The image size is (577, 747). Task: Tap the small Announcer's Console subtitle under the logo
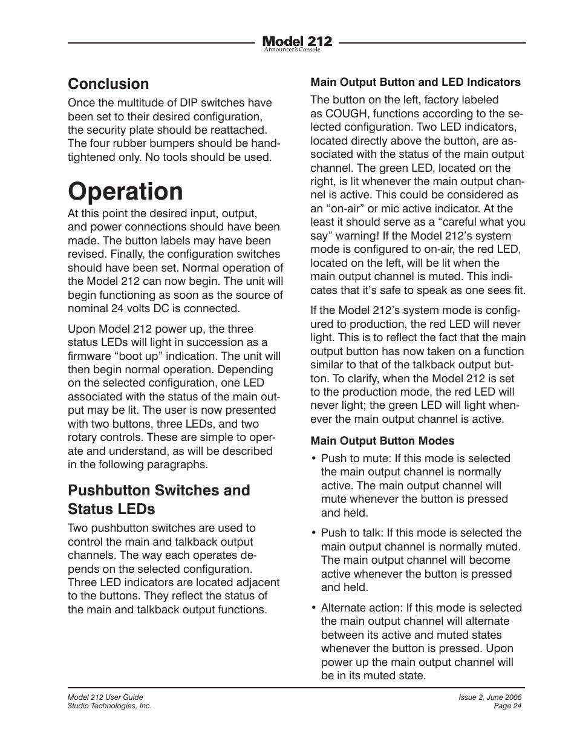coord(292,50)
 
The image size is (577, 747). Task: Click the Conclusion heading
coord(108,84)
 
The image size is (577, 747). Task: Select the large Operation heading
coord(125,191)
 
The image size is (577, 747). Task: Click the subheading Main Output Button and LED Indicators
coord(416,82)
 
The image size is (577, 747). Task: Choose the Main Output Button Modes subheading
coord(382,441)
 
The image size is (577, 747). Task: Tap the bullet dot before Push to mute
coord(314,459)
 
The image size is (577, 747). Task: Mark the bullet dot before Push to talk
coord(314,533)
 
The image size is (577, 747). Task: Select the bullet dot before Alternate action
coord(314,608)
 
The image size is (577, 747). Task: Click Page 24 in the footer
coord(507,706)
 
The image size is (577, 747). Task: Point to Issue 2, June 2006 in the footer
coord(490,697)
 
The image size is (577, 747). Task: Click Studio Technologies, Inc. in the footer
coord(109,706)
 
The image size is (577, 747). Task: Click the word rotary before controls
coord(83,438)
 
